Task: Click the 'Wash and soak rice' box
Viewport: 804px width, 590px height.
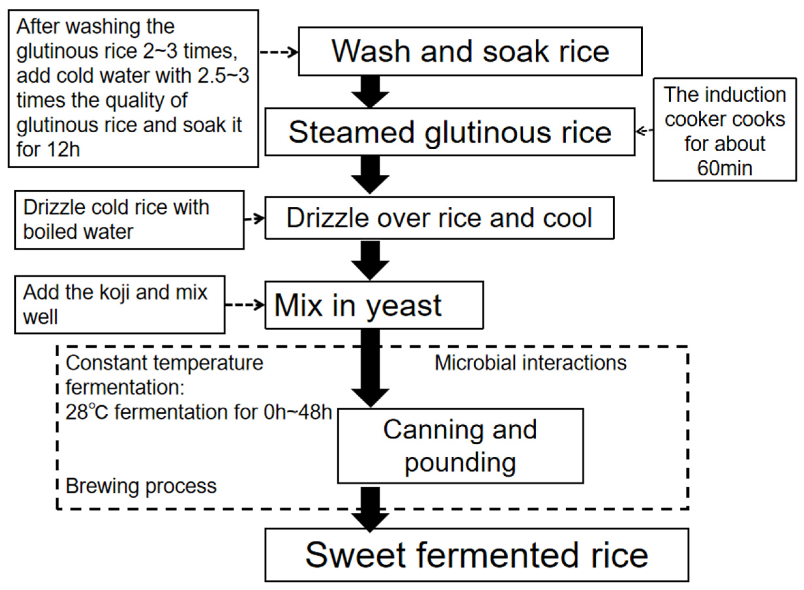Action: pos(470,52)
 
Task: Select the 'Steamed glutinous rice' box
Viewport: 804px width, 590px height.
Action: pos(449,132)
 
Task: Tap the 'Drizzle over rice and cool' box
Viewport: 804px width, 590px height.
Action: pos(439,218)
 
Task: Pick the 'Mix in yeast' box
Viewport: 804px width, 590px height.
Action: pos(374,305)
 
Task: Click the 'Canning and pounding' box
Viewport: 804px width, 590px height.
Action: pos(460,446)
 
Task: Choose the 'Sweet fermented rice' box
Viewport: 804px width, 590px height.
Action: pos(476,555)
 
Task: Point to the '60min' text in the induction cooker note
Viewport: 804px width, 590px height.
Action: pos(724,168)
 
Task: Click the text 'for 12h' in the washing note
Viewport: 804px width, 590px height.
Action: pos(48,149)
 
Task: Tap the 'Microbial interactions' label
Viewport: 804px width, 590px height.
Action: pos(530,363)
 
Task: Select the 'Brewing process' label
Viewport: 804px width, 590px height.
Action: pos(141,486)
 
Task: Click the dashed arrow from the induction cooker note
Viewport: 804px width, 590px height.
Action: pos(644,131)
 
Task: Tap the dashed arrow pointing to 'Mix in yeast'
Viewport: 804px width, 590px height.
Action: pos(245,305)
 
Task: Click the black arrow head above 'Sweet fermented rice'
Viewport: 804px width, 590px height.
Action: pos(370,522)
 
